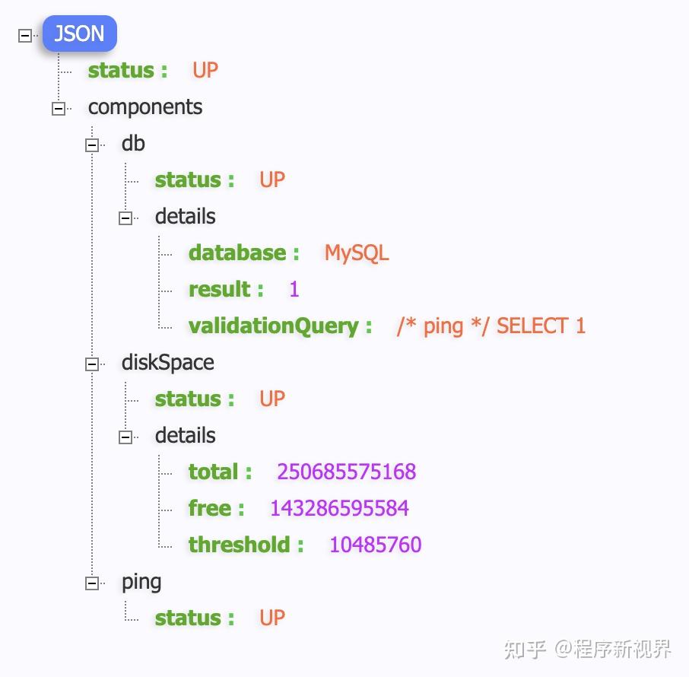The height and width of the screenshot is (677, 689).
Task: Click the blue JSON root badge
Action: pyautogui.click(x=80, y=34)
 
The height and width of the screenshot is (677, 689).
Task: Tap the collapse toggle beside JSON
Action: pyautogui.click(x=25, y=35)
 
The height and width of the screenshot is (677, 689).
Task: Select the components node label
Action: pyautogui.click(x=145, y=107)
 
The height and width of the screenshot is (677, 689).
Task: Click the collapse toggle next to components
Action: pyautogui.click(x=59, y=109)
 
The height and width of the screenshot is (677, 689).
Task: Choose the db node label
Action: pyautogui.click(x=133, y=144)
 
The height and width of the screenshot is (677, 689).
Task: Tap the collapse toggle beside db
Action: pyautogui.click(x=92, y=145)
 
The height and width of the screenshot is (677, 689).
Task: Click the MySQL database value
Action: pyautogui.click(x=357, y=253)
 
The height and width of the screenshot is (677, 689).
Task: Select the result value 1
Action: pyautogui.click(x=294, y=290)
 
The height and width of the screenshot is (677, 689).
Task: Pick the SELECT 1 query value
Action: pyautogui.click(x=491, y=326)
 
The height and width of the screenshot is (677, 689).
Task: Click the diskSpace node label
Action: pyautogui.click(x=167, y=363)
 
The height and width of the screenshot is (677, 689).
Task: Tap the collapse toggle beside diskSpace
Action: pyautogui.click(x=92, y=364)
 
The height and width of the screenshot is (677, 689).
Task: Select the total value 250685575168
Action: pyautogui.click(x=346, y=472)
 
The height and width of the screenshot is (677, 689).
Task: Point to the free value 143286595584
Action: pyautogui.click(x=339, y=509)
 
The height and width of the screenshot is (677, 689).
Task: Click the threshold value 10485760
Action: pyautogui.click(x=375, y=545)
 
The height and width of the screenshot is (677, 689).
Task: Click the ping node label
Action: pyautogui.click(x=141, y=583)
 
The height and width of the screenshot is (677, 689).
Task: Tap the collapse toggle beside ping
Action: pyautogui.click(x=92, y=583)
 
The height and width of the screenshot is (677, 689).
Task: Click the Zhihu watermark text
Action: pyautogui.click(x=588, y=649)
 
